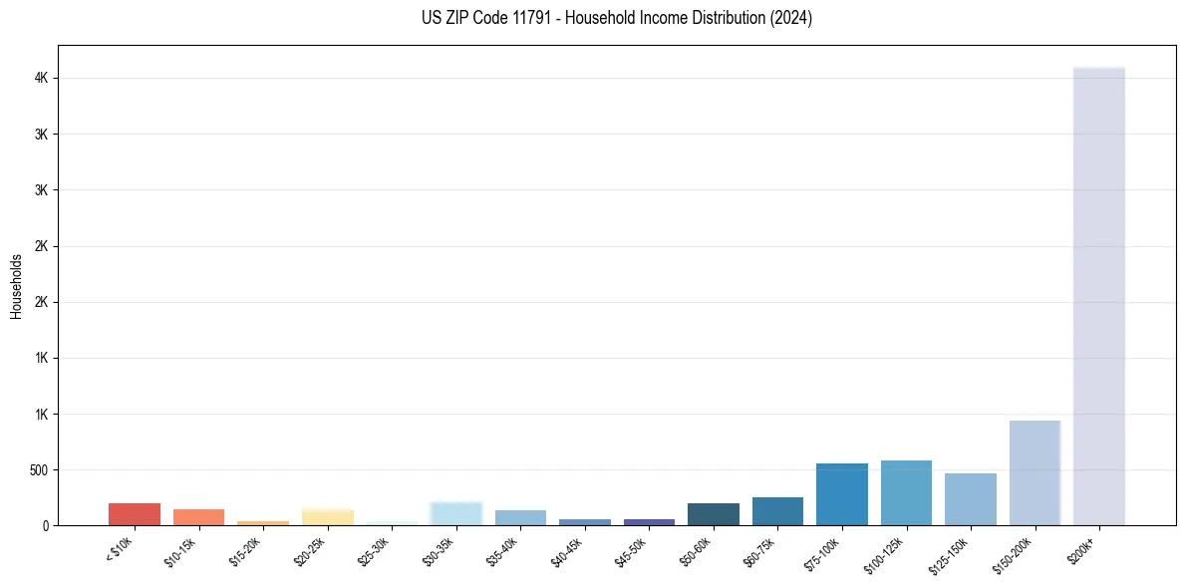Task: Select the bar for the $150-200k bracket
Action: [x=1035, y=472]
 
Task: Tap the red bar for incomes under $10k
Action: [x=135, y=514]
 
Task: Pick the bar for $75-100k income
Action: [x=842, y=494]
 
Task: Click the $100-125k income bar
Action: [x=906, y=493]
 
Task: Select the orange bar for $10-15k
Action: [x=198, y=517]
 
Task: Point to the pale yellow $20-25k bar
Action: [x=328, y=517]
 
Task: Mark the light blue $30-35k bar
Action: [x=455, y=514]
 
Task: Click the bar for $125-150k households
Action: [x=971, y=499]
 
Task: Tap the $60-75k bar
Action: [x=777, y=511]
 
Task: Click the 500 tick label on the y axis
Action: [x=37, y=470]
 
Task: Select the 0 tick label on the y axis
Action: [x=45, y=526]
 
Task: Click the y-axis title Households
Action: [x=16, y=286]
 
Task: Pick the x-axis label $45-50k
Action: [x=632, y=552]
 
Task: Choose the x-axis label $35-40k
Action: [x=503, y=552]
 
